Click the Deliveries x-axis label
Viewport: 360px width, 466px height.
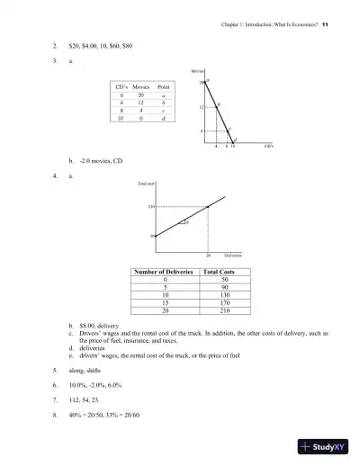(x=233, y=255)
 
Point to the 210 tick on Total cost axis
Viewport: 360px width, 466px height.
(x=152, y=207)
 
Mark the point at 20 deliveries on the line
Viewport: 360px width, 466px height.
(x=208, y=207)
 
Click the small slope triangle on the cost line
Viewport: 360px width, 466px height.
(x=184, y=222)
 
